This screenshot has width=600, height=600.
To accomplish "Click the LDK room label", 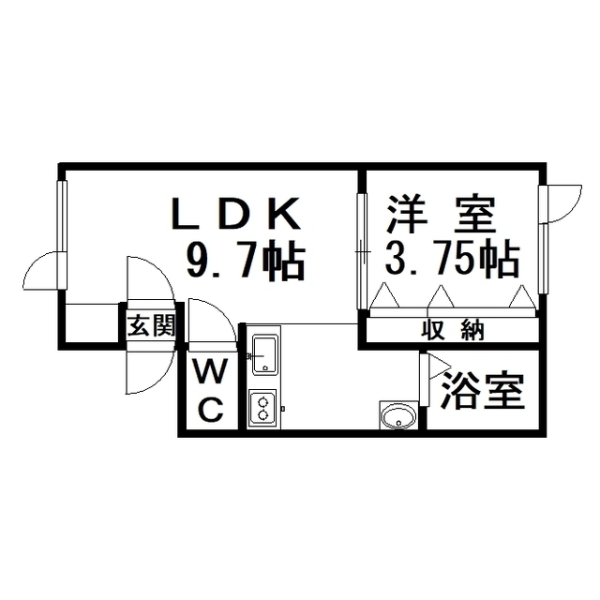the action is pos(236,213).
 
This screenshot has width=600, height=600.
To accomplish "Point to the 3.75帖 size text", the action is pos(452,259).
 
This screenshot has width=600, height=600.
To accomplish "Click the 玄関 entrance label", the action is pos(151,325).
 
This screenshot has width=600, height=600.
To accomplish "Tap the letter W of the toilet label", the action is pos(210,371).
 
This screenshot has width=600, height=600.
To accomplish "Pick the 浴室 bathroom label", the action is pos(482,390).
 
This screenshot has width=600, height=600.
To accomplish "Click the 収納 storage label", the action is pos(453,330).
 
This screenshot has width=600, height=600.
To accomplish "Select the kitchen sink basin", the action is pos(264,354).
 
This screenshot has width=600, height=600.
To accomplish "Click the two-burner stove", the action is pos(262,409).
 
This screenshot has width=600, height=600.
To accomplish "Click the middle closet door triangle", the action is pos(441,296).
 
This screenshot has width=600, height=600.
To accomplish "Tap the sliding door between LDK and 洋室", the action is pos(362,251).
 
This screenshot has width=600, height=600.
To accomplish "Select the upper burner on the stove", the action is pos(262,402).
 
